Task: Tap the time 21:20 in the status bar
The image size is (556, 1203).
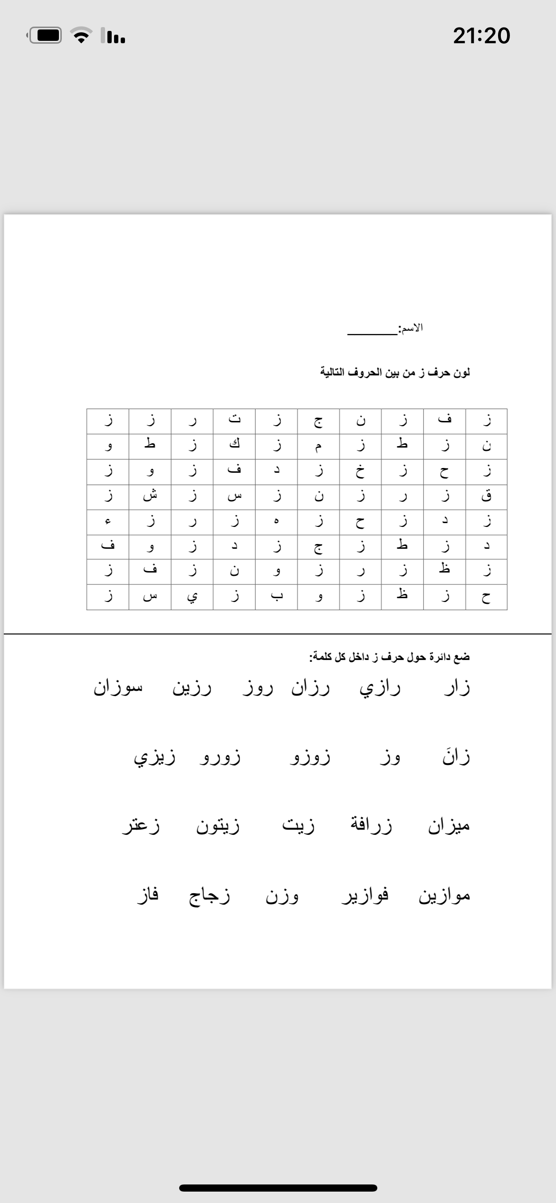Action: coord(481,36)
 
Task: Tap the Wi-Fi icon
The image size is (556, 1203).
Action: coord(81,35)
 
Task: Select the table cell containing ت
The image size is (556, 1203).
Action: coord(234,421)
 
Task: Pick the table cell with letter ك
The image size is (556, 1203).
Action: coord(234,446)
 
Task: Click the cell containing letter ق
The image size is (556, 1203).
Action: coord(486,496)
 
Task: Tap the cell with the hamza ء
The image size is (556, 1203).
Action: coord(108,522)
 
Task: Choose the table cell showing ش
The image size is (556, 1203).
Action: coord(150,496)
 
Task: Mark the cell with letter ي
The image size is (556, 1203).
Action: coord(192,597)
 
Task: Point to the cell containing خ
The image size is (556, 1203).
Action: coord(360,471)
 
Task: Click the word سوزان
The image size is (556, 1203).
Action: coord(118,688)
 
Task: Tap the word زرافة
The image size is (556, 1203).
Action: coord(372,825)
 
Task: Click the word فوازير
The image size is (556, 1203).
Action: coord(365,895)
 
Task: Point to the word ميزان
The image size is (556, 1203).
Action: coord(449,825)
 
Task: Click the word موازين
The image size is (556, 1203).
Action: coord(444,895)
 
